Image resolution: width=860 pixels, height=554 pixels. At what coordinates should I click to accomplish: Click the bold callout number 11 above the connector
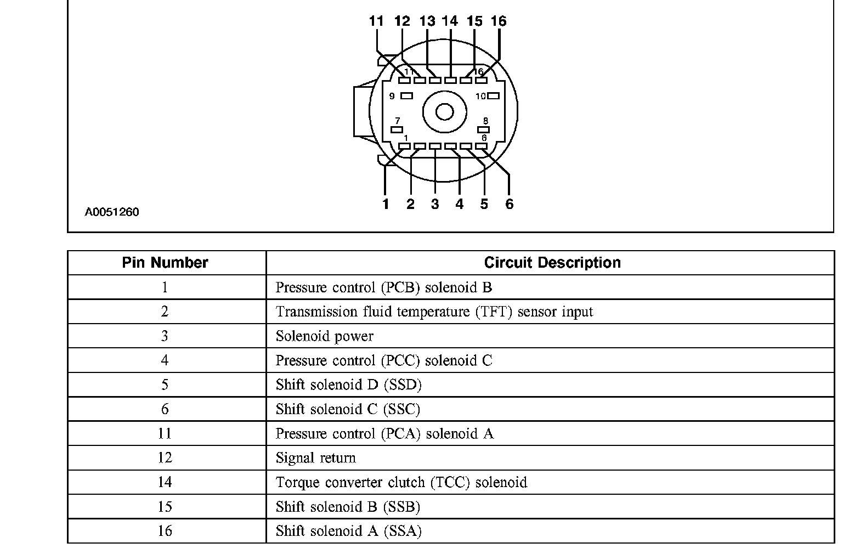pyautogui.click(x=376, y=21)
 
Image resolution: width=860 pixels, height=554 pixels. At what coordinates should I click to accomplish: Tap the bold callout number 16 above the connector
pyautogui.click(x=499, y=21)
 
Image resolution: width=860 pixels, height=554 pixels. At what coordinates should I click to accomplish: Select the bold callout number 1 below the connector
pyautogui.click(x=386, y=204)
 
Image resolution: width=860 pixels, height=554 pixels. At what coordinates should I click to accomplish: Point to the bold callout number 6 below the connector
pyautogui.click(x=510, y=204)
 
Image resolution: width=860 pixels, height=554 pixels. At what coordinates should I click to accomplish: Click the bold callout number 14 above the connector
pyautogui.click(x=450, y=21)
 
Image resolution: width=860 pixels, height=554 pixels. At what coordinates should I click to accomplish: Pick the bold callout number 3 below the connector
pyautogui.click(x=435, y=204)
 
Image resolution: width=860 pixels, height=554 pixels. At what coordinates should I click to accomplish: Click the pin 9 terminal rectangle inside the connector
pyautogui.click(x=407, y=96)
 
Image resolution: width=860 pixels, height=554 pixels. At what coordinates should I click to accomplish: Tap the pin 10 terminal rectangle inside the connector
pyautogui.click(x=493, y=96)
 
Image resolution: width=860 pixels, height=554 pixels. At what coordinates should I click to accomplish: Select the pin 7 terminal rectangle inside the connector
pyautogui.click(x=397, y=130)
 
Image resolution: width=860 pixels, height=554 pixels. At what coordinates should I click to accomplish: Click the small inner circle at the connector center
pyautogui.click(x=444, y=112)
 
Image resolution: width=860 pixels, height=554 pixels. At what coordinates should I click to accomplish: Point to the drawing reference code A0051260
pyautogui.click(x=112, y=212)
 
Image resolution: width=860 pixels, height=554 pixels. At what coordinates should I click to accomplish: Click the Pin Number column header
pyautogui.click(x=165, y=263)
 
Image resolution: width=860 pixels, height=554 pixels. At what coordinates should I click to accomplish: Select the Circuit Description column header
pyautogui.click(x=552, y=263)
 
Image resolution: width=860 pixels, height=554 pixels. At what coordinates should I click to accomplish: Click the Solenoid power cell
pyautogui.click(x=325, y=336)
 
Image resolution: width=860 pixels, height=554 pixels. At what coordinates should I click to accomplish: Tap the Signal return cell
pyautogui.click(x=316, y=458)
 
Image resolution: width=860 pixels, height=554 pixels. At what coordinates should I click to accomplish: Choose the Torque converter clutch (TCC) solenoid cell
pyautogui.click(x=401, y=483)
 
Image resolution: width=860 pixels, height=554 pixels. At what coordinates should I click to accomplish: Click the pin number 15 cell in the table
pyautogui.click(x=165, y=507)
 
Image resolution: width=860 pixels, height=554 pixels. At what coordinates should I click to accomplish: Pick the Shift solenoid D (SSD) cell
pyautogui.click(x=349, y=385)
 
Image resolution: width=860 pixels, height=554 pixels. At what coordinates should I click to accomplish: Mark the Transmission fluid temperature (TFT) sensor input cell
pyautogui.click(x=434, y=312)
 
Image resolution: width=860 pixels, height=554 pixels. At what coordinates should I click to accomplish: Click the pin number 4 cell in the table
pyautogui.click(x=165, y=360)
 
